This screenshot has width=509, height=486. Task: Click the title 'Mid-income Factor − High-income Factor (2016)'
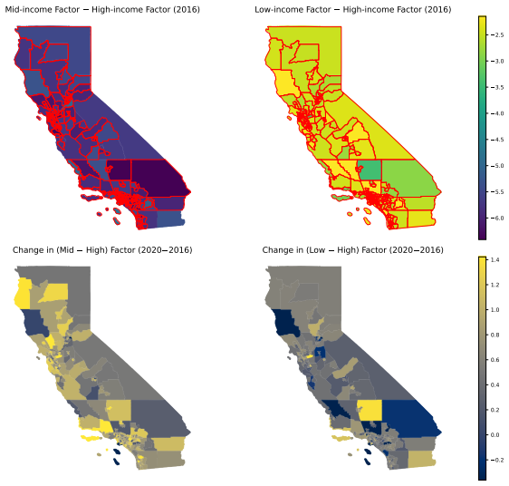(x=102, y=9)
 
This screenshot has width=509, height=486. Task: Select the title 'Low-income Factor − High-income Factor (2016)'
(x=353, y=9)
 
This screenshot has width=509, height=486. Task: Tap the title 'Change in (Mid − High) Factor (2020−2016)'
(x=102, y=250)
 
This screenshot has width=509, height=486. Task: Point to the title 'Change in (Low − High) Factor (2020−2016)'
(x=353, y=250)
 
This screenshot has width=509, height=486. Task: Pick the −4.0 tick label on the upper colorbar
(x=497, y=113)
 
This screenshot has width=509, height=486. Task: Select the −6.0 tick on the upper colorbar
(x=497, y=219)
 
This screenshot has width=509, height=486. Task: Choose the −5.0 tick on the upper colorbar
(x=497, y=166)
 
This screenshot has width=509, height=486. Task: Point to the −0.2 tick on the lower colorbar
(x=497, y=460)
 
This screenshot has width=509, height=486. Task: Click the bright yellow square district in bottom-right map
(x=370, y=410)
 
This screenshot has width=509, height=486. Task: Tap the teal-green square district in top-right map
(x=370, y=170)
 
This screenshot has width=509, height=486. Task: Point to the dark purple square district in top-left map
(x=120, y=170)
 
